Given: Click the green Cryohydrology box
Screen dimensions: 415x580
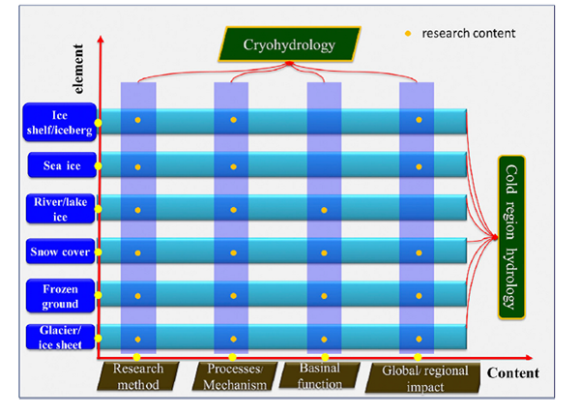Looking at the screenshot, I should coord(289,44).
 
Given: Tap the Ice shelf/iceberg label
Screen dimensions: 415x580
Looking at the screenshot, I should coord(60,121).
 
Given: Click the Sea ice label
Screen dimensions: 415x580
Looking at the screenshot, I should coord(60,166).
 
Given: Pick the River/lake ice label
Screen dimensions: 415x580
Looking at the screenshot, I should coord(60,209).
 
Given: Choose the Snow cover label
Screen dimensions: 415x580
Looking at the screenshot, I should coord(60,252).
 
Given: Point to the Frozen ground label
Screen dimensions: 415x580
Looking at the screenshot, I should coord(60,295).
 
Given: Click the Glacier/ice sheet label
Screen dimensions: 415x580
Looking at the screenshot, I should coord(60,338).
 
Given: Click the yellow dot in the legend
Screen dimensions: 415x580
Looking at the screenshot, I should coord(407,33).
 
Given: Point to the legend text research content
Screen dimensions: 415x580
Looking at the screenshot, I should coord(468,33).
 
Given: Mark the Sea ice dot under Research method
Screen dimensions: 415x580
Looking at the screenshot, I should coord(138,167).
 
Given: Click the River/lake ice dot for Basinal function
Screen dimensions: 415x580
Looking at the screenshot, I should coord(324,209).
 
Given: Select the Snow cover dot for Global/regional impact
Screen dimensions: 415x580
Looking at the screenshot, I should coord(418,252).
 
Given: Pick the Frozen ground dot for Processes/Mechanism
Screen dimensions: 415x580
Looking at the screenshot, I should coord(232,295).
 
